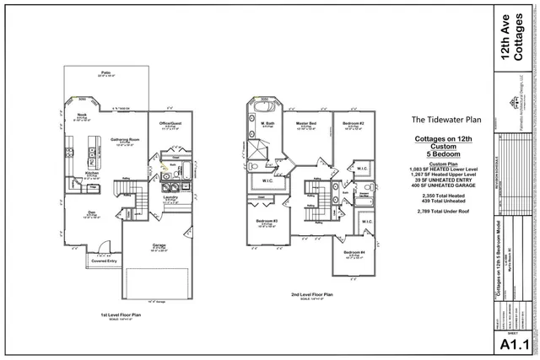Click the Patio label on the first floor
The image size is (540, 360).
coord(106,73)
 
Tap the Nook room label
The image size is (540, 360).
coord(82,114)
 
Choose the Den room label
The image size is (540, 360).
coord(89,212)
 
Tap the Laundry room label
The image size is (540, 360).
coord(170,199)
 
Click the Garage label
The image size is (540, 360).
coord(159,247)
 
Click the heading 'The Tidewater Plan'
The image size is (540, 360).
coord(440,120)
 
